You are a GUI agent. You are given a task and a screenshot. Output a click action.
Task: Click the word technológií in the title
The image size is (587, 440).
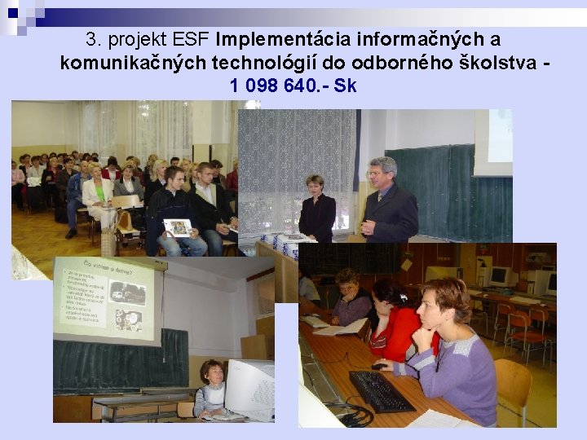[260, 62]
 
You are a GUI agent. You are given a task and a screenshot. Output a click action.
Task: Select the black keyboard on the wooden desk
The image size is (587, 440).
[380, 391]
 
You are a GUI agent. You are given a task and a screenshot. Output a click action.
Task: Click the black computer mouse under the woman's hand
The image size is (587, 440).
[378, 367]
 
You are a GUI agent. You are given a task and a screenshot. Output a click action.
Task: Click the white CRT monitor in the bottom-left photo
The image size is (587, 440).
[249, 389]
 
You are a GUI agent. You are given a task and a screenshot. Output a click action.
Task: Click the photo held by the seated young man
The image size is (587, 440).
[178, 227]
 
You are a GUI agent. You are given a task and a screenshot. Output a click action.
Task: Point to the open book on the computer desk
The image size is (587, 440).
[339, 328]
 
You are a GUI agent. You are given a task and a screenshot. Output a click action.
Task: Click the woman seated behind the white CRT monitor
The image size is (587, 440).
[211, 389]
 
